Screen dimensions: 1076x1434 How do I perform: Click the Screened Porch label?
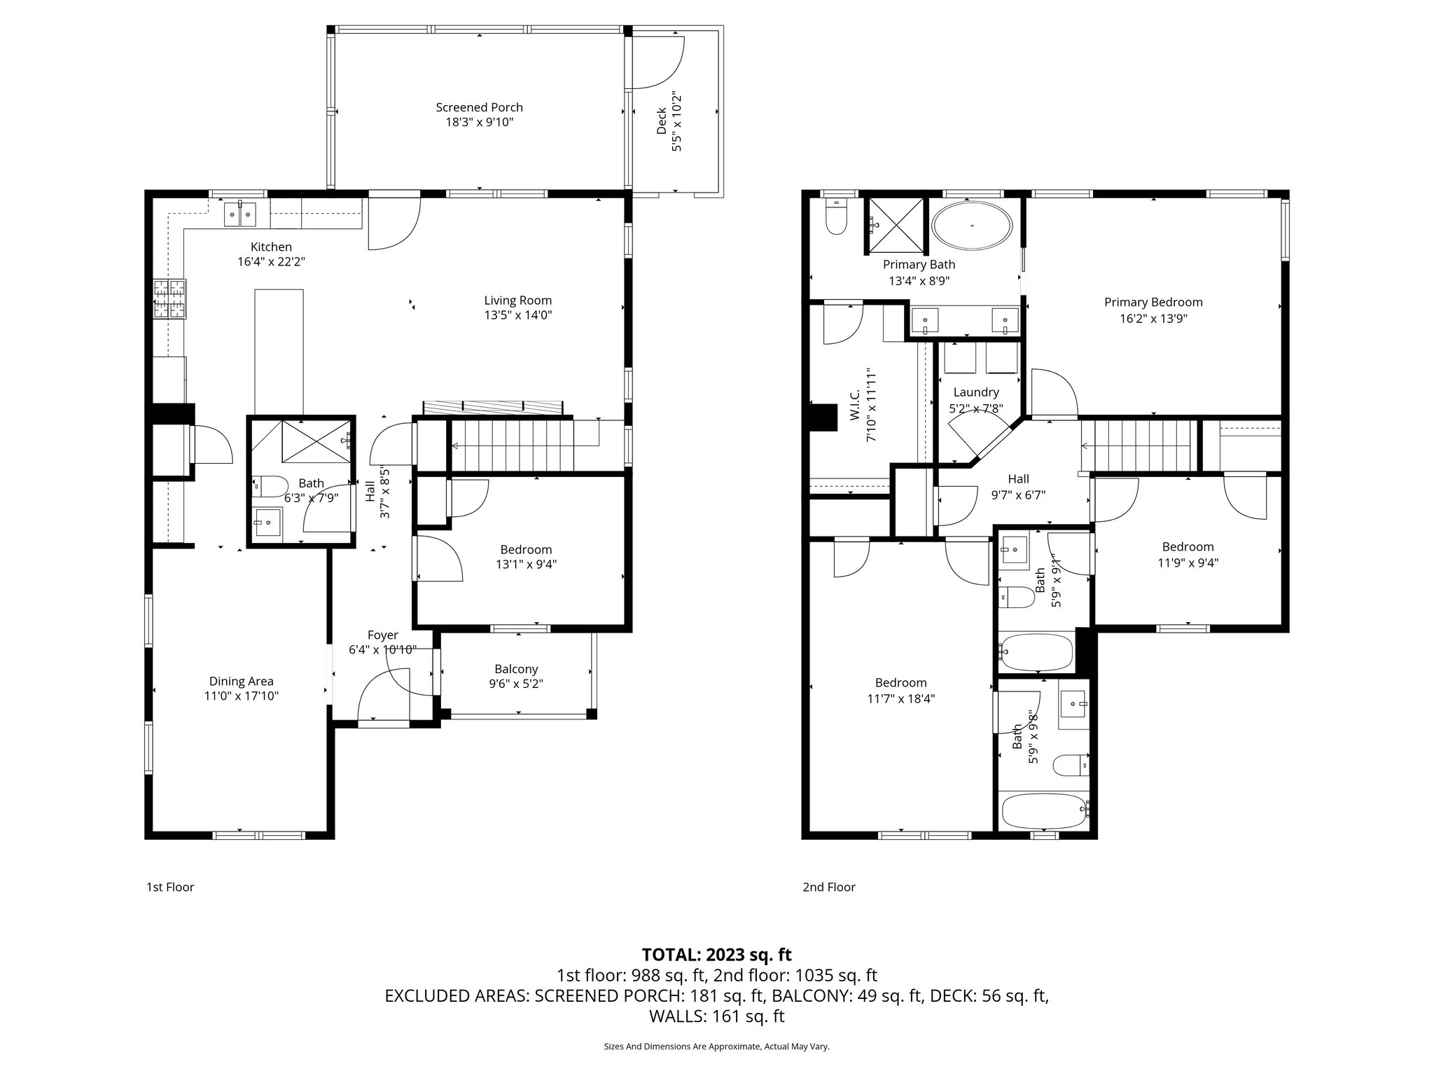pos(479,107)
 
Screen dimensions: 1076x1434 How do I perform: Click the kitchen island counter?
pos(279,351)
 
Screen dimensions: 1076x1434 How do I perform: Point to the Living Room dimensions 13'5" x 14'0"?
pos(518,315)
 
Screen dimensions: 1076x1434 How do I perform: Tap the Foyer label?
pos(382,635)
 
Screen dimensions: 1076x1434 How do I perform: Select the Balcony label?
pos(516,669)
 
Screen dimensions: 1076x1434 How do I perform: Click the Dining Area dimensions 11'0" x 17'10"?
pos(241,696)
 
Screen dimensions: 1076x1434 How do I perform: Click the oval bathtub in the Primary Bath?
pos(972,226)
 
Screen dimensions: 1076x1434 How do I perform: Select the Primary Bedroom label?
pos(1153,303)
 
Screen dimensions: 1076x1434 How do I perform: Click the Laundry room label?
pos(976,392)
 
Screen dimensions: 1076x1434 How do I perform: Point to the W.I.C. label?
pos(855,415)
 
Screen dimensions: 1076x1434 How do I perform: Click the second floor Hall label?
pos(1018,479)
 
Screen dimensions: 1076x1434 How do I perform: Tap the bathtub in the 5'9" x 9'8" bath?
pos(1044,811)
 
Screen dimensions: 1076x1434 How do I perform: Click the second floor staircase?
pos(1136,446)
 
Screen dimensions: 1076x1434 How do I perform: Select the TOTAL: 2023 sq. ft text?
pos(716,954)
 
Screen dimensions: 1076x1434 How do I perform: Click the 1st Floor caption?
pos(170,887)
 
